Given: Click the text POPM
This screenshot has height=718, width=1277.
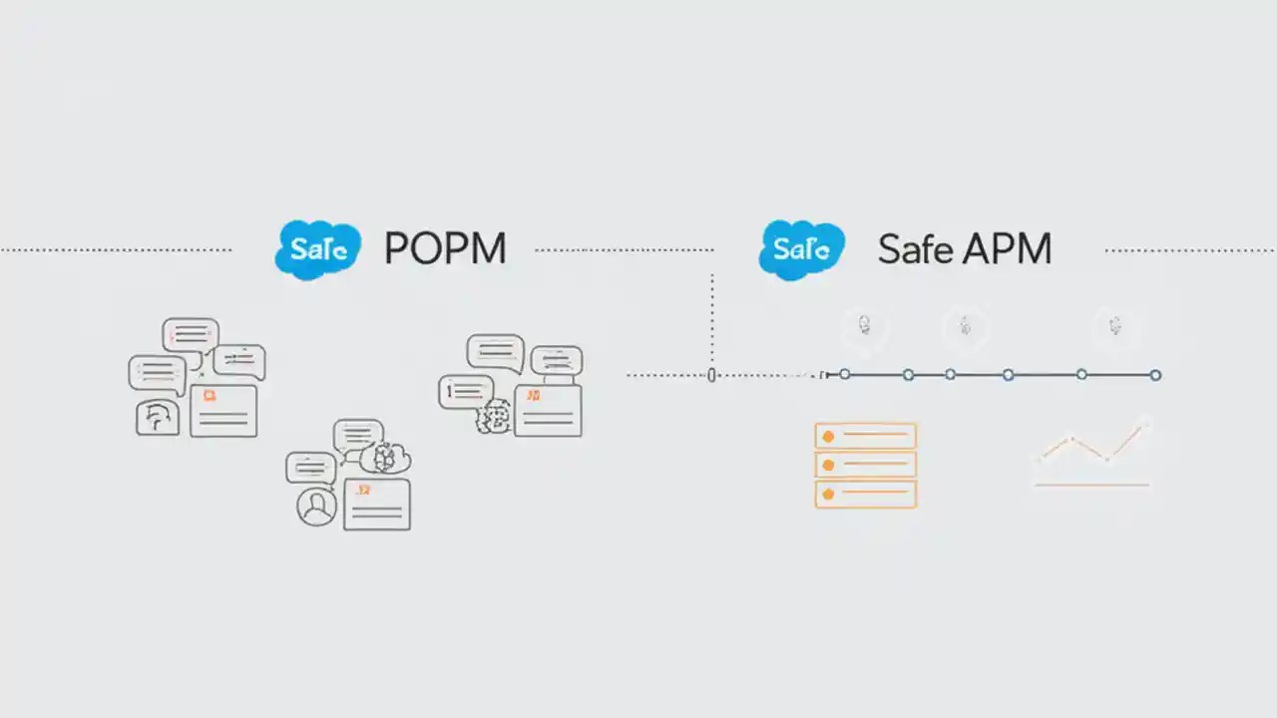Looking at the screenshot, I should [x=445, y=248].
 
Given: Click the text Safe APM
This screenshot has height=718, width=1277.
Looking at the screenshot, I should [x=964, y=249].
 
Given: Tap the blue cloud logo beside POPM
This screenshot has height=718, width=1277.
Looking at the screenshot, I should [x=317, y=249].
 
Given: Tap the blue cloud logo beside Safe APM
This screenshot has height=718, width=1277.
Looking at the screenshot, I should [x=801, y=249].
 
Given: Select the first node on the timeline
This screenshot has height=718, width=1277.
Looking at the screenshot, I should [x=845, y=375].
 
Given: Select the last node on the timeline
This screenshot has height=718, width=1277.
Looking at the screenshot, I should [x=1155, y=375].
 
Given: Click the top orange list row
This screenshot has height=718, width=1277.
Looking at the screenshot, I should [x=865, y=436].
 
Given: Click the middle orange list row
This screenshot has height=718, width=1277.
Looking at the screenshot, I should [x=865, y=465].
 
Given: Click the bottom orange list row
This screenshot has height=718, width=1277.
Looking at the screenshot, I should [x=865, y=494].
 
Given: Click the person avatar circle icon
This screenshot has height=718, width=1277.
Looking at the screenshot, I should [x=316, y=507].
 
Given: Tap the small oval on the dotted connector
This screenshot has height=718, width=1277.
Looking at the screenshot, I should [x=711, y=375].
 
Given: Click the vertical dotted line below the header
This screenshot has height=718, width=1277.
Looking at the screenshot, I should [x=711, y=319].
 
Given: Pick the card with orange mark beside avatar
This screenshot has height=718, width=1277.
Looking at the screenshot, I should [x=377, y=504].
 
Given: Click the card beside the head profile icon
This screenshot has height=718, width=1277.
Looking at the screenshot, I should [x=223, y=410].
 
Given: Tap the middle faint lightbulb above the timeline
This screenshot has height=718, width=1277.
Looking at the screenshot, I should [x=965, y=326].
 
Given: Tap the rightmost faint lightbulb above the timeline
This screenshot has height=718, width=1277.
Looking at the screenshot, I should [x=1114, y=326].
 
